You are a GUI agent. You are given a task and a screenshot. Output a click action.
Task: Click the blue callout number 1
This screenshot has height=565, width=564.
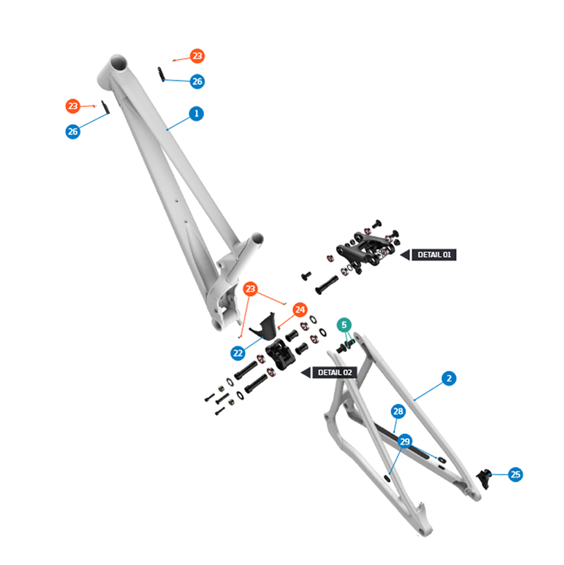[x=196, y=113]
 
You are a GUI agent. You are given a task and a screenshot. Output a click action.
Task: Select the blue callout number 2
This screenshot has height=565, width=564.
[x=449, y=378]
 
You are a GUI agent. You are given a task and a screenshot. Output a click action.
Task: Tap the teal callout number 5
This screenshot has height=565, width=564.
[x=344, y=325]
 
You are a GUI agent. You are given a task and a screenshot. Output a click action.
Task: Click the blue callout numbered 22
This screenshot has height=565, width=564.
[x=237, y=353]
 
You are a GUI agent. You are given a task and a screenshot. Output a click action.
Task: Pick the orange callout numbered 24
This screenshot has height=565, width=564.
[x=299, y=309]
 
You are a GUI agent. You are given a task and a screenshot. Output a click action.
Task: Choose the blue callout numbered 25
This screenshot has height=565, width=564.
[x=515, y=475]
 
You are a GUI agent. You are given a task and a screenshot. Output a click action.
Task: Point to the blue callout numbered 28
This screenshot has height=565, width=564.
[x=398, y=411]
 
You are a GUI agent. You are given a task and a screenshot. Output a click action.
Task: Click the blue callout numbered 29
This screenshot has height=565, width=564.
[x=405, y=441]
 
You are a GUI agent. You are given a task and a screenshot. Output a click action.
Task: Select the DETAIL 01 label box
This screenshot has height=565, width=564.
[x=434, y=255]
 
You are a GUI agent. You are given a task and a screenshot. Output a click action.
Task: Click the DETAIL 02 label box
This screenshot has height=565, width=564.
[x=334, y=372]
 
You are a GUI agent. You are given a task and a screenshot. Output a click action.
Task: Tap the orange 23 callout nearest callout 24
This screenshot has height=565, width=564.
[x=250, y=288]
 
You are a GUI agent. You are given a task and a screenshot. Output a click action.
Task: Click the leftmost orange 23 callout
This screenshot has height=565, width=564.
[x=73, y=106]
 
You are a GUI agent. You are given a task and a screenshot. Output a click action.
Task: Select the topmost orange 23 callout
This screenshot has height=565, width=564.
[x=197, y=56]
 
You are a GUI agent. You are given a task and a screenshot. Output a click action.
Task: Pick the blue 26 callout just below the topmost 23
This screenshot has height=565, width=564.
[x=197, y=81]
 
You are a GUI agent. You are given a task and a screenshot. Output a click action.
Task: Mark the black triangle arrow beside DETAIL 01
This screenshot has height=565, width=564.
[x=406, y=255]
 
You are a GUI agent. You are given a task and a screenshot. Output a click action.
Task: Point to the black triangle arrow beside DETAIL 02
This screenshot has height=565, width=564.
[x=306, y=373]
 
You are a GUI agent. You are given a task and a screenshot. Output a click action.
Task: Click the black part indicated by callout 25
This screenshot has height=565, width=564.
[x=484, y=479]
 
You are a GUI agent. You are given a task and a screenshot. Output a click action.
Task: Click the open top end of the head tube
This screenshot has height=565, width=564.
[x=118, y=63]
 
